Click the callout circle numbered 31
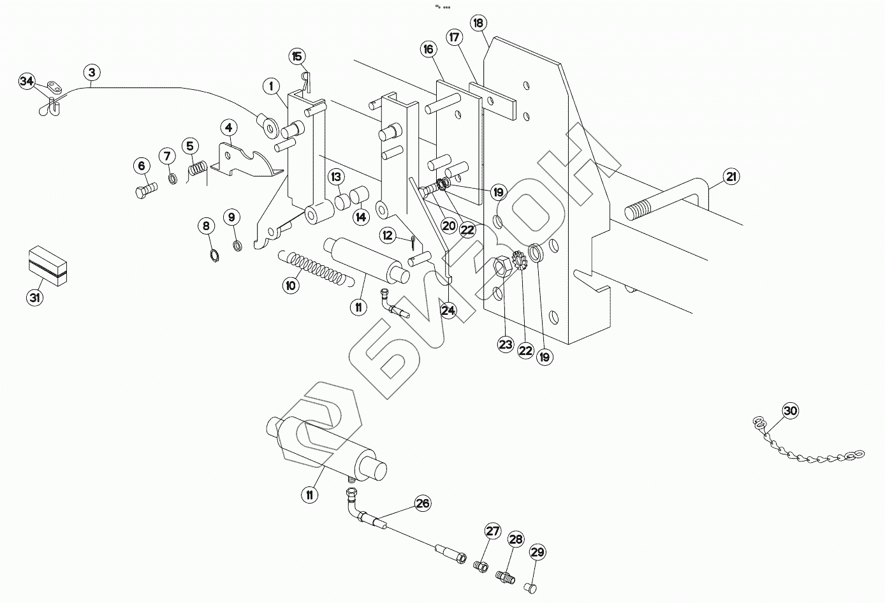click(35, 297)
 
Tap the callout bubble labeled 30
click(790, 411)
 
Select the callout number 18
click(478, 24)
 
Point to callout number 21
click(731, 177)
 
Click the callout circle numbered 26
click(423, 504)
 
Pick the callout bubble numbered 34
click(27, 82)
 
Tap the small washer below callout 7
click(173, 179)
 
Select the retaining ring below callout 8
click(214, 257)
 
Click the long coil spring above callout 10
click(316, 268)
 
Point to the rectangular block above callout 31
click(48, 265)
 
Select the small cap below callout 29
click(530, 588)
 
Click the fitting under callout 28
click(506, 576)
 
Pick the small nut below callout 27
click(481, 566)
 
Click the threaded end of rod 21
click(638, 210)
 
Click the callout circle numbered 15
click(296, 57)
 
